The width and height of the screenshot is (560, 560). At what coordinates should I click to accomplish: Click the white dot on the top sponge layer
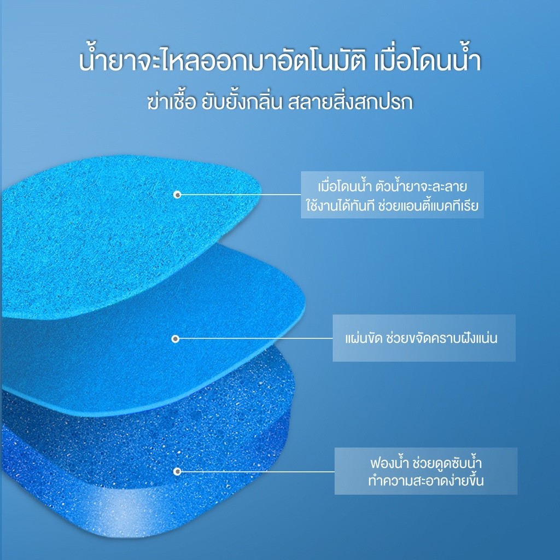coord(177,195)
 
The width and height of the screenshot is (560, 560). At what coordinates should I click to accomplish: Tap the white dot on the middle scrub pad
coord(176,339)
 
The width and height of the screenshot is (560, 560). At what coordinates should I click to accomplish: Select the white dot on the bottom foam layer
coord(177,471)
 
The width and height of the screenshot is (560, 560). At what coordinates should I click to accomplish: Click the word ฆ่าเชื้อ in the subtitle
coord(172,101)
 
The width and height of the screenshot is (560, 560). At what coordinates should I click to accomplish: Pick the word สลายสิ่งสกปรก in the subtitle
coord(351,101)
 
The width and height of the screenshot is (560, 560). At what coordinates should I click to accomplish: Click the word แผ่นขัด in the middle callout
coord(363,337)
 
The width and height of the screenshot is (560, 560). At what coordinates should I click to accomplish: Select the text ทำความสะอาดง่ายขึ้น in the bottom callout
coord(426,480)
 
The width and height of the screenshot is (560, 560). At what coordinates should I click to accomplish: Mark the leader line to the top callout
coord(240,195)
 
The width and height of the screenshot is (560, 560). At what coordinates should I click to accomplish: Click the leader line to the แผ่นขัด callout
coord(254,338)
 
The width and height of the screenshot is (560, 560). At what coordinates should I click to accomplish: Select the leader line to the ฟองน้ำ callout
coord(256,471)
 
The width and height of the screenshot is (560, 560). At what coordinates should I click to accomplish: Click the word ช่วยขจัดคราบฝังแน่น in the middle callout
coord(442,337)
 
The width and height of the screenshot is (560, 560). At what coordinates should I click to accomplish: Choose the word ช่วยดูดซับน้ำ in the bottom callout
coord(447,463)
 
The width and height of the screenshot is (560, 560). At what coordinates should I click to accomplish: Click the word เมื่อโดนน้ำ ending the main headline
coord(428,61)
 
